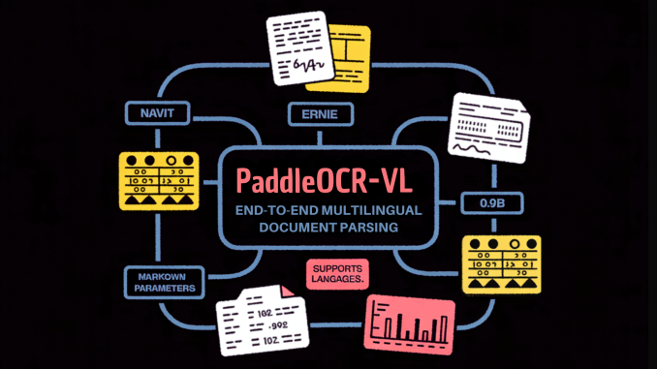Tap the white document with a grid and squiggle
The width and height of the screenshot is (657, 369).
point(488,127)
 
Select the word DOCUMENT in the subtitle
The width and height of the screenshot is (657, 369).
point(293,228)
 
